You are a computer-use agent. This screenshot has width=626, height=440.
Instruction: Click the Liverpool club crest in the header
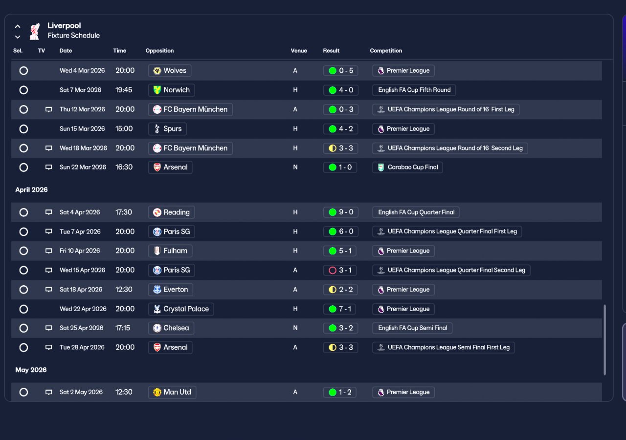click(35, 31)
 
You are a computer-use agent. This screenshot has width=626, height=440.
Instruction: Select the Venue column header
click(299, 51)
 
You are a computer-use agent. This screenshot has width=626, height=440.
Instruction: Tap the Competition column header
click(386, 51)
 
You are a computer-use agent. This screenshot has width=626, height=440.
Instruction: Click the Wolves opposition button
click(170, 71)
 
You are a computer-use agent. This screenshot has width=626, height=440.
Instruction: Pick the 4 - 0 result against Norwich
click(341, 90)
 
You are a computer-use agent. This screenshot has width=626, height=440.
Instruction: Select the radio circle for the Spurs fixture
click(24, 129)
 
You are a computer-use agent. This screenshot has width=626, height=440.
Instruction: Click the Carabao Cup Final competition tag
click(407, 168)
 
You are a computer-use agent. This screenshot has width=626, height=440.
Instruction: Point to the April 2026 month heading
click(32, 190)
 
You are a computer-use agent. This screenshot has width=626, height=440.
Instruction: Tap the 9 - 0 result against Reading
click(341, 212)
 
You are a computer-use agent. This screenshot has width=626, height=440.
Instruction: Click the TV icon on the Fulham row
click(48, 251)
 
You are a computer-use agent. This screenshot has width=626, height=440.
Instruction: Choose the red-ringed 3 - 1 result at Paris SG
click(340, 271)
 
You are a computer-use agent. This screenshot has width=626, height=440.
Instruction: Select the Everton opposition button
click(171, 290)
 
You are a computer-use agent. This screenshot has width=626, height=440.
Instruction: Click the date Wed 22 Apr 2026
click(83, 309)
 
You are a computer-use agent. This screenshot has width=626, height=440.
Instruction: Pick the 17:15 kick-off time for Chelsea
click(123, 328)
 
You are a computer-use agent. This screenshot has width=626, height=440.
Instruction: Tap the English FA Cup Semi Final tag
click(412, 328)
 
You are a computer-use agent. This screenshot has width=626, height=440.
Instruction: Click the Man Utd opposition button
click(172, 392)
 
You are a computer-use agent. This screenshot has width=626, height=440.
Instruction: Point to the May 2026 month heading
click(31, 370)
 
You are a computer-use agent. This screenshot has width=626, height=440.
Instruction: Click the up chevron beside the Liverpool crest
click(18, 26)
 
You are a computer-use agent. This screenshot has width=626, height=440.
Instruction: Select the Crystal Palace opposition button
click(181, 309)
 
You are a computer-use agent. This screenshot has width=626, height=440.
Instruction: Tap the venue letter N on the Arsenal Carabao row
click(295, 168)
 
